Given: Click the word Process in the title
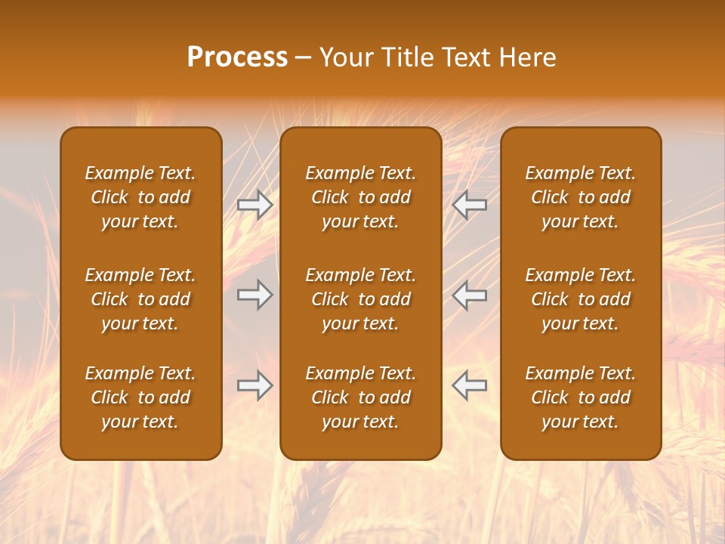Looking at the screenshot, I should pyautogui.click(x=237, y=57).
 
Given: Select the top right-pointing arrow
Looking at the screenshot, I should pyautogui.click(x=255, y=204).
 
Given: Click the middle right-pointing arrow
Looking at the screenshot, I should pyautogui.click(x=255, y=295).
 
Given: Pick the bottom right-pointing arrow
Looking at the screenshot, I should pyautogui.click(x=255, y=385).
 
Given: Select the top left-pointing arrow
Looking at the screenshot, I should pyautogui.click(x=470, y=204).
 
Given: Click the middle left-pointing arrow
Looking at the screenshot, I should pyautogui.click(x=470, y=295).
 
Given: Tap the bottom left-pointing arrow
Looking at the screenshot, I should pyautogui.click(x=470, y=385).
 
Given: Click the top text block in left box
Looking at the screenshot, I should pyautogui.click(x=140, y=197).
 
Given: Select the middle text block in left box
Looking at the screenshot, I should pyautogui.click(x=140, y=299).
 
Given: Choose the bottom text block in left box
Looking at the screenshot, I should pyautogui.click(x=140, y=397).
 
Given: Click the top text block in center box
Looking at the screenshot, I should pyautogui.click(x=360, y=197).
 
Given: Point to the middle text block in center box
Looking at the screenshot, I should pyautogui.click(x=360, y=299).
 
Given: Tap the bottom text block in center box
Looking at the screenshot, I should pyautogui.click(x=360, y=397).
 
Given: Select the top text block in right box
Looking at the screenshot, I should pyautogui.click(x=580, y=197).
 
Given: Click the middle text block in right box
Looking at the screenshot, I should pyautogui.click(x=580, y=299).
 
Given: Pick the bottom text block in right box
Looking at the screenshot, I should pyautogui.click(x=580, y=397).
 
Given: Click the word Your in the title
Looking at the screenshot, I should pyautogui.click(x=345, y=57).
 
